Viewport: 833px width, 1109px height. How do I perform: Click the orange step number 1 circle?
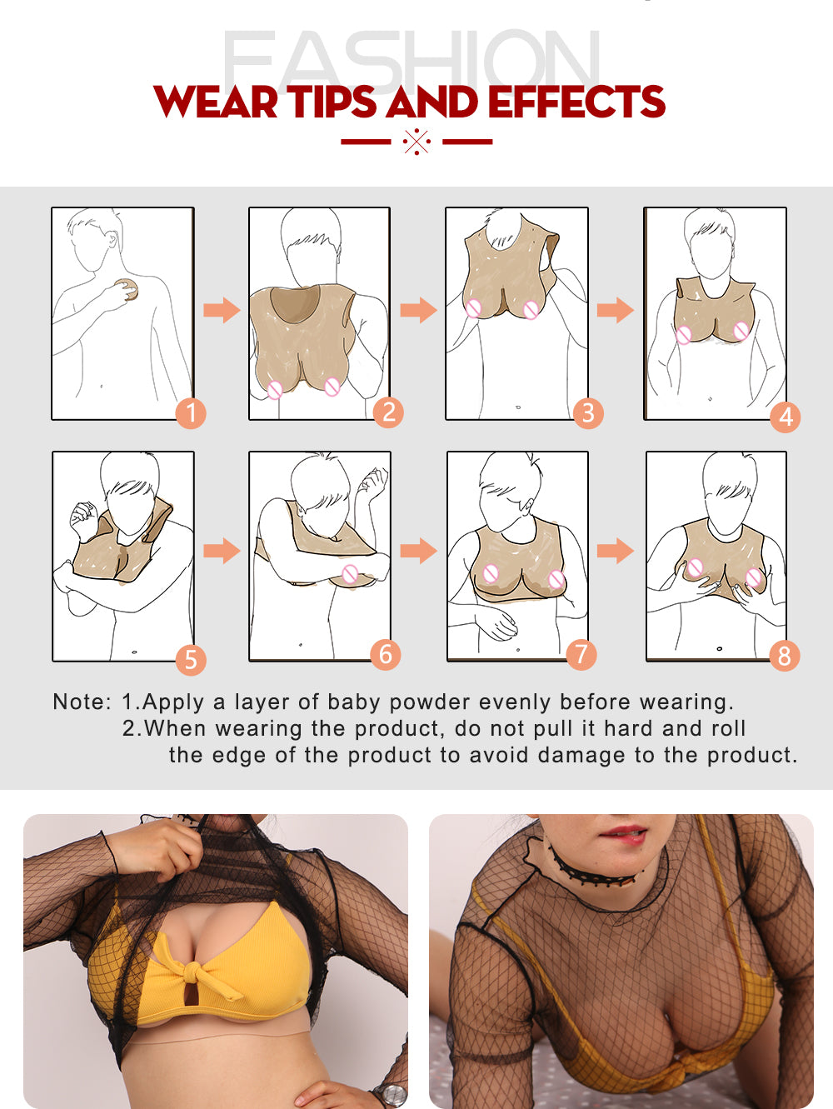tap(191, 413)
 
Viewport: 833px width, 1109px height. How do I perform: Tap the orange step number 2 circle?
tap(388, 412)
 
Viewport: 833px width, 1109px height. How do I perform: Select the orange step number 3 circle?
tap(588, 413)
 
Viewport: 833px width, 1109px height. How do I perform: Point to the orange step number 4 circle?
tap(785, 417)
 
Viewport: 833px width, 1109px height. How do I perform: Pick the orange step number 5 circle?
tap(191, 660)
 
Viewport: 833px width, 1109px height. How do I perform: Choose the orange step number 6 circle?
tap(386, 654)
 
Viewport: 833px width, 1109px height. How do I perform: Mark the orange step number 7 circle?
tap(581, 654)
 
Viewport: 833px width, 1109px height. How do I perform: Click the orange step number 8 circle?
tap(784, 656)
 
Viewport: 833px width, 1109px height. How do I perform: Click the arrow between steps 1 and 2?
tap(222, 310)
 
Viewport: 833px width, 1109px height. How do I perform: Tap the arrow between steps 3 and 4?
tap(616, 310)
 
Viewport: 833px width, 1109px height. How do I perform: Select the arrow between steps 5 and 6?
tap(222, 551)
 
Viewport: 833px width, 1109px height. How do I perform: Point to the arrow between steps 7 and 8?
tap(616, 551)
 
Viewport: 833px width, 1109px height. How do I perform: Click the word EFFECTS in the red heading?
tap(576, 102)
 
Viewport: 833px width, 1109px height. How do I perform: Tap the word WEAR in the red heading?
tap(216, 102)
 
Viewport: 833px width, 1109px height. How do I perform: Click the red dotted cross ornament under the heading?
tap(416, 142)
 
